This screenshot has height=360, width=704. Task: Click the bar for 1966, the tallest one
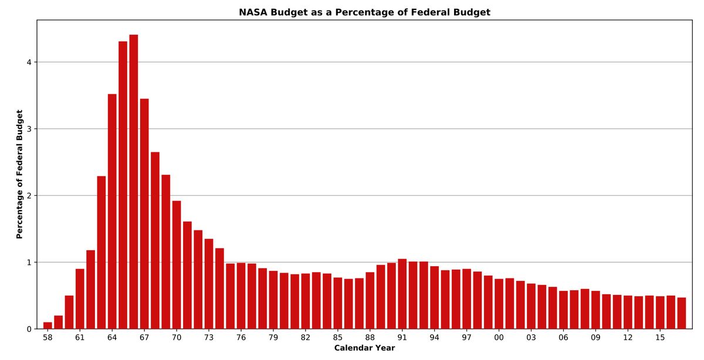pyautogui.click(x=134, y=182)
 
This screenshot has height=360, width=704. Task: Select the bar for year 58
pyautogui.click(x=48, y=325)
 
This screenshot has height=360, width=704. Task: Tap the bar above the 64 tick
pyautogui.click(x=112, y=211)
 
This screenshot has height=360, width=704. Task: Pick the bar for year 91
pyautogui.click(x=402, y=294)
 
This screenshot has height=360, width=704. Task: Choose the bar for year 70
pyautogui.click(x=177, y=264)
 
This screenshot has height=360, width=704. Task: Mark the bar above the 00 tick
pyautogui.click(x=499, y=304)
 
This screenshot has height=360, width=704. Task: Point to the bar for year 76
pyautogui.click(x=241, y=296)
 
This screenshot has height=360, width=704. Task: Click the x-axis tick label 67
pyautogui.click(x=144, y=338)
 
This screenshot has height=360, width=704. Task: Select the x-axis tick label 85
pyautogui.click(x=337, y=338)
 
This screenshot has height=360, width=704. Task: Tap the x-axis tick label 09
pyautogui.click(x=595, y=338)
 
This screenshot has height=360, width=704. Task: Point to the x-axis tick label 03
pyautogui.click(x=531, y=338)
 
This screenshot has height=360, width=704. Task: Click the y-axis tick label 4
pyautogui.click(x=29, y=62)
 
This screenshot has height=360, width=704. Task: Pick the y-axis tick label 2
pyautogui.click(x=29, y=195)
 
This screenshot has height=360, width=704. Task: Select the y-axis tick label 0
pyautogui.click(x=29, y=329)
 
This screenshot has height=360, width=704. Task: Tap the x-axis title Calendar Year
pyautogui.click(x=364, y=348)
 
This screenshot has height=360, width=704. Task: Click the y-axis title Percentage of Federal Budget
pyautogui.click(x=19, y=174)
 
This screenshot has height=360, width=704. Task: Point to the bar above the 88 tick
pyautogui.click(x=370, y=300)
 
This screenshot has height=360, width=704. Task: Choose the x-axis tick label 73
pyautogui.click(x=209, y=338)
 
